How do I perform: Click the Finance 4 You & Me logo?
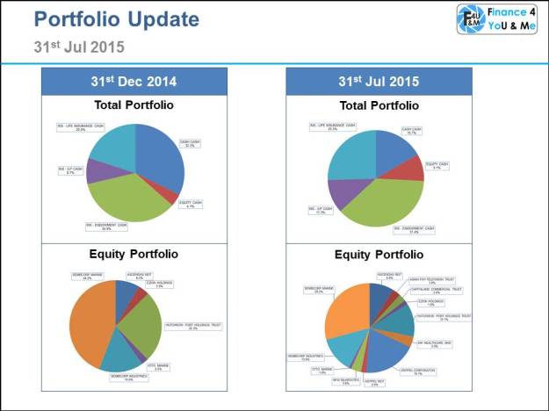pos(497,19)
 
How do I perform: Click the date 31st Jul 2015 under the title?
pos(79,45)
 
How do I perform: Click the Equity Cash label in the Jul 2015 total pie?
pos(437,164)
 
